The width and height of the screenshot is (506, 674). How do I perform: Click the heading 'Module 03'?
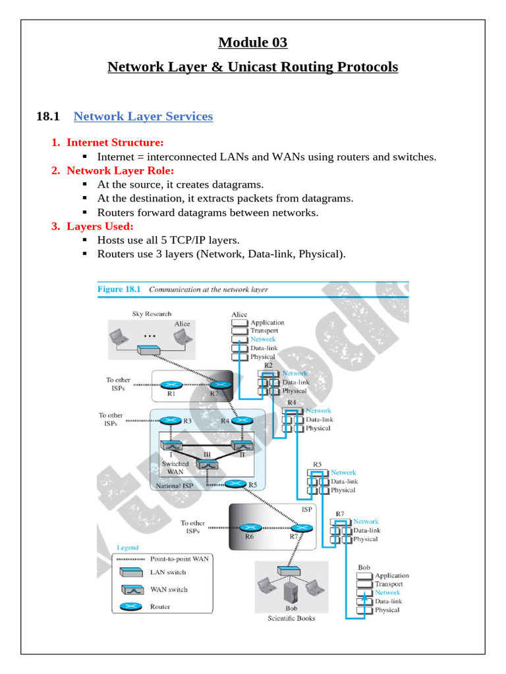(253, 43)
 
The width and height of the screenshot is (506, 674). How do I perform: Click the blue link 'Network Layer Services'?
(143, 117)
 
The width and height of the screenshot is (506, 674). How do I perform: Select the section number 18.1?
(47, 117)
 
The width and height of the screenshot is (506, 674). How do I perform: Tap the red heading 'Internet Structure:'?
(115, 142)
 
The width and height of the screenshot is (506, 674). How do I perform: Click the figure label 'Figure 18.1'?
(120, 289)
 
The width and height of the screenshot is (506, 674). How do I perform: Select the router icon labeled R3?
(171, 420)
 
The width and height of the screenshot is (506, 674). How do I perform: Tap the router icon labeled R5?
(235, 484)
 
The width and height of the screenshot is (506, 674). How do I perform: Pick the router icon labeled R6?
(249, 527)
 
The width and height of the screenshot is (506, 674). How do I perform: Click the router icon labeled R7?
(302, 527)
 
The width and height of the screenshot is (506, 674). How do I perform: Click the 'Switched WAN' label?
(175, 467)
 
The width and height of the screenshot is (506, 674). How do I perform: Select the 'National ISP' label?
(175, 487)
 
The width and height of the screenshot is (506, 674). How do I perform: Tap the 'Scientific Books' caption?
(291, 618)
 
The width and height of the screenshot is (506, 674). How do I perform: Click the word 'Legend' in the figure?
(128, 548)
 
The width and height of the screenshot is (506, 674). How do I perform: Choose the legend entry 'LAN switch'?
(168, 573)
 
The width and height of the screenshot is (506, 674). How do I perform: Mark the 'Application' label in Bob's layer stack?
(392, 575)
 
